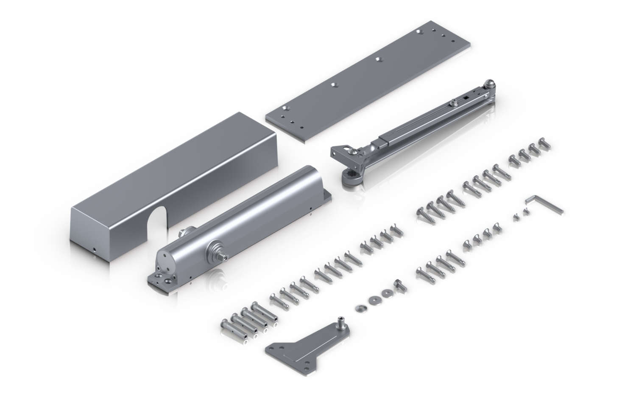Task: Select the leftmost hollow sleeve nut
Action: [225, 327]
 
